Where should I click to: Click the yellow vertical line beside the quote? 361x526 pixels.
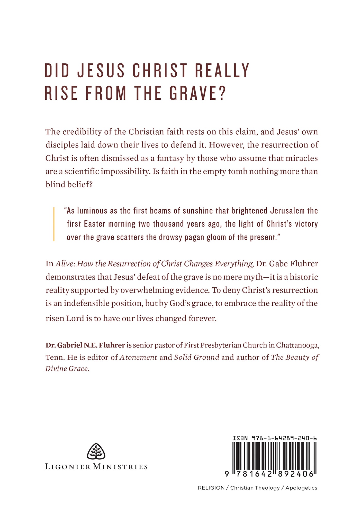[x=54, y=224]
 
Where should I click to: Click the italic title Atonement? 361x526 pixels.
[x=139, y=357]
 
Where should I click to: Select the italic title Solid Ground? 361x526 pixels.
[x=197, y=357]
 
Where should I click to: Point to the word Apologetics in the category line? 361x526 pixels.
[x=301, y=488]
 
